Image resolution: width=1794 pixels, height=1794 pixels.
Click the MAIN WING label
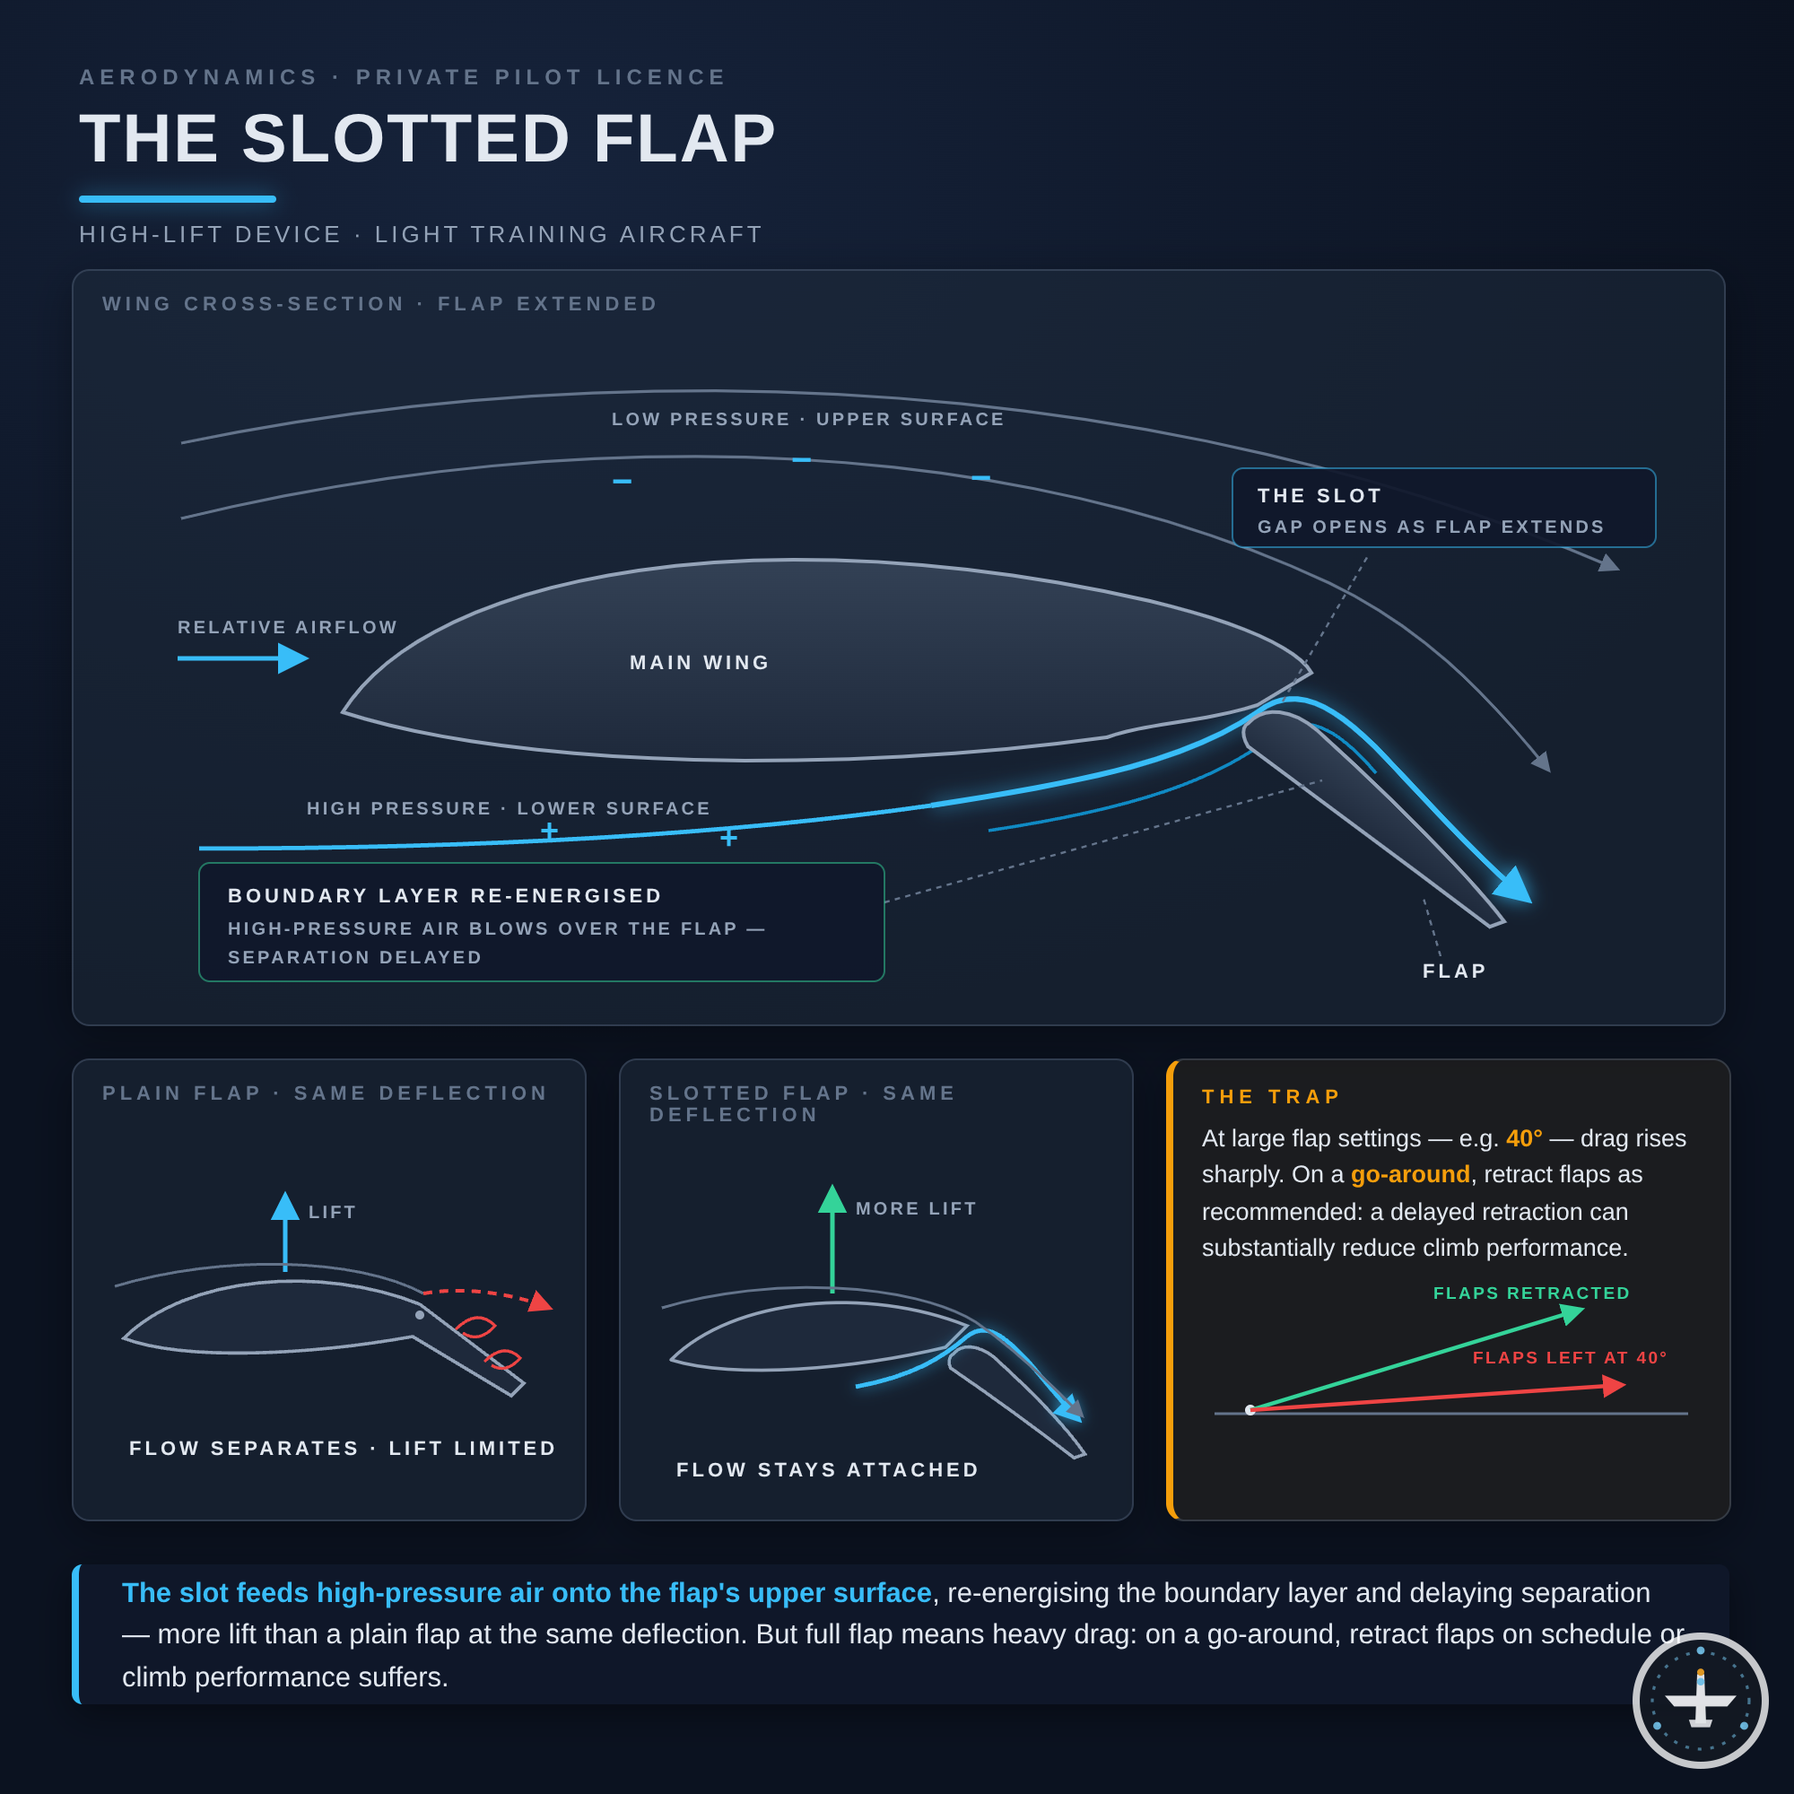click(x=700, y=662)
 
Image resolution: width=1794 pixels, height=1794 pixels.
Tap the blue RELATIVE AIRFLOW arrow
click(x=243, y=658)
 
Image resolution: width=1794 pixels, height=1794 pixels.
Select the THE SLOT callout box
click(x=1443, y=508)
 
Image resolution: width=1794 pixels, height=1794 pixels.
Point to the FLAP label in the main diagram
click(x=1454, y=971)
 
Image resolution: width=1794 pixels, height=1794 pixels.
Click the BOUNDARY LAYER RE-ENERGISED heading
click(x=445, y=895)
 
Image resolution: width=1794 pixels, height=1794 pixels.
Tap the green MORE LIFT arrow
click(x=832, y=1238)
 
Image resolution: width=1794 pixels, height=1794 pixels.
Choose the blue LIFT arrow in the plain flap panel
click(x=285, y=1232)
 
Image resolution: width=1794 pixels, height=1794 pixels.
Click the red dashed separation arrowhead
click(x=539, y=1301)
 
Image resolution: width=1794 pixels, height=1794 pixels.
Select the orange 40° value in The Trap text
click(x=1524, y=1138)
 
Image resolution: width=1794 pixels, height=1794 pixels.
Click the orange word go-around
click(x=1409, y=1175)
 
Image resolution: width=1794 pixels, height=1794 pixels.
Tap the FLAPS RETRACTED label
click(x=1531, y=1293)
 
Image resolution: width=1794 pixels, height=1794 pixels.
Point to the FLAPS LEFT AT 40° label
click(x=1569, y=1357)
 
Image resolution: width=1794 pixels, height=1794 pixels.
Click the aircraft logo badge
click(x=1700, y=1700)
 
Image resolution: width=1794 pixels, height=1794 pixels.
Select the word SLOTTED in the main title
click(x=405, y=139)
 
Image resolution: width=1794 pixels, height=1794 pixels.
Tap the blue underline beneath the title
click(x=178, y=199)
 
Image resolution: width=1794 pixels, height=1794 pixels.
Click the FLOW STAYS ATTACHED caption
click(x=827, y=1470)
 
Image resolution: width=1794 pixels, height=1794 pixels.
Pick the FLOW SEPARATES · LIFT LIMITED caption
click(x=343, y=1449)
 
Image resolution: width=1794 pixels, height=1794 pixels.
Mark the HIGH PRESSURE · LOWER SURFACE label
click(x=509, y=809)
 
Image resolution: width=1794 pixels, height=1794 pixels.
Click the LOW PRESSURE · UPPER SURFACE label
click(x=808, y=420)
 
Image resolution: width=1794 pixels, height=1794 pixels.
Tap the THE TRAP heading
click(x=1271, y=1097)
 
